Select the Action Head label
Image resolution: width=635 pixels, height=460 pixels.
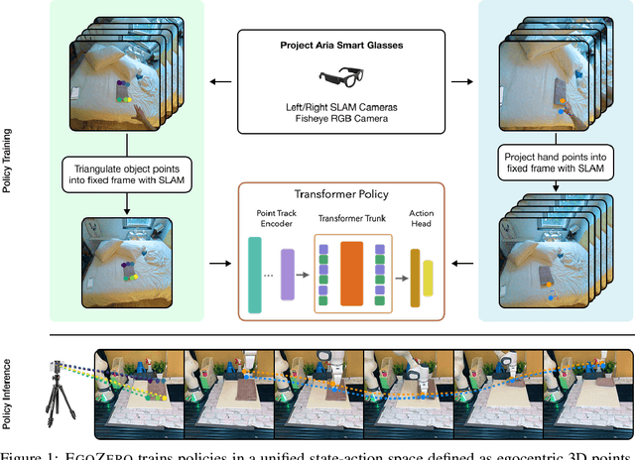click(x=421, y=220)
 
